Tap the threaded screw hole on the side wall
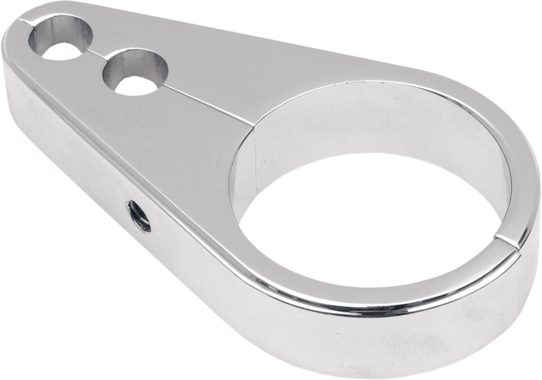tap(139, 216)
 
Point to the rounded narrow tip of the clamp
tap(11, 41)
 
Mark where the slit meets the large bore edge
tap(253, 123)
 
